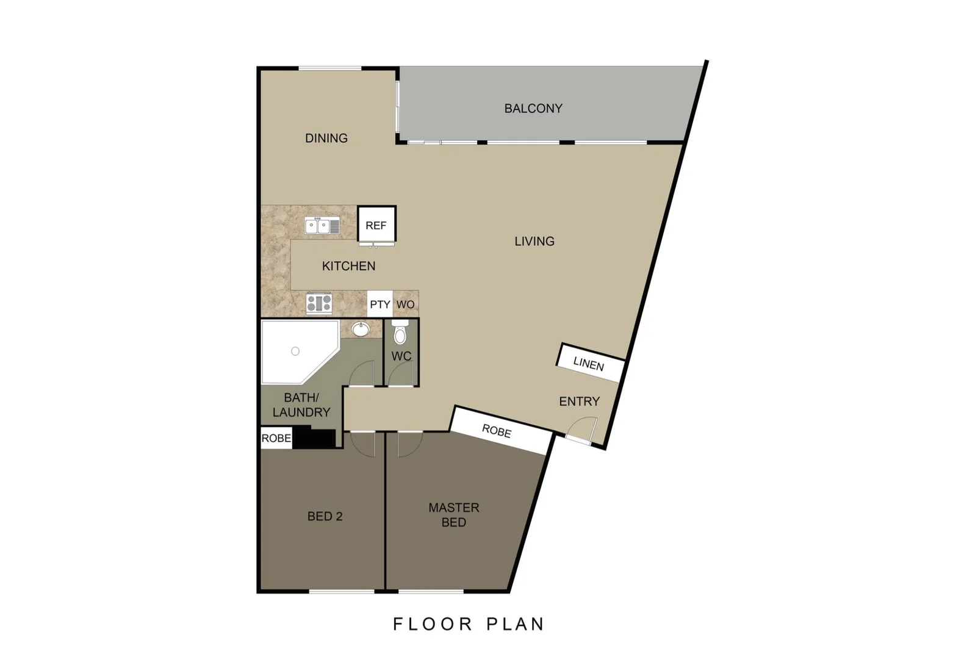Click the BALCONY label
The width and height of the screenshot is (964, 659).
[x=533, y=109]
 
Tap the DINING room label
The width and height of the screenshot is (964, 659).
[x=326, y=139]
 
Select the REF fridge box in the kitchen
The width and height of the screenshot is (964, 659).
[x=376, y=225]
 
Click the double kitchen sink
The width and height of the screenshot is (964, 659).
[x=322, y=226]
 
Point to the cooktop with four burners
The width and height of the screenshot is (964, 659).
[x=319, y=303]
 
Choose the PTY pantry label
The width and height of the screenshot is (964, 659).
[x=379, y=304]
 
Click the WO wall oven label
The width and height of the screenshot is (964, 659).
[x=406, y=304]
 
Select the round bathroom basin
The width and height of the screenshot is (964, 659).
[x=361, y=329]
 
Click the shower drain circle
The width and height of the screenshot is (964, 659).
[x=295, y=351]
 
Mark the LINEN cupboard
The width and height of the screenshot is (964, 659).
[x=589, y=364]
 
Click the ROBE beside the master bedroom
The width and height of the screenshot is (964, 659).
[x=497, y=431]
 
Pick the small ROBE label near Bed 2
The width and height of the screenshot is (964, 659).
[x=276, y=438]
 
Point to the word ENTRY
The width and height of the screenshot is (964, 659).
[x=579, y=402]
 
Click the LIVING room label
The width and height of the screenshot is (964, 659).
[x=534, y=242]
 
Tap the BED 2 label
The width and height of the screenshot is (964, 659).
[x=325, y=516]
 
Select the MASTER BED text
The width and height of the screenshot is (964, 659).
[x=454, y=515]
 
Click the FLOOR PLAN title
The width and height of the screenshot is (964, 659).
[x=469, y=624]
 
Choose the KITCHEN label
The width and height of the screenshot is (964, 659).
[x=348, y=266]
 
